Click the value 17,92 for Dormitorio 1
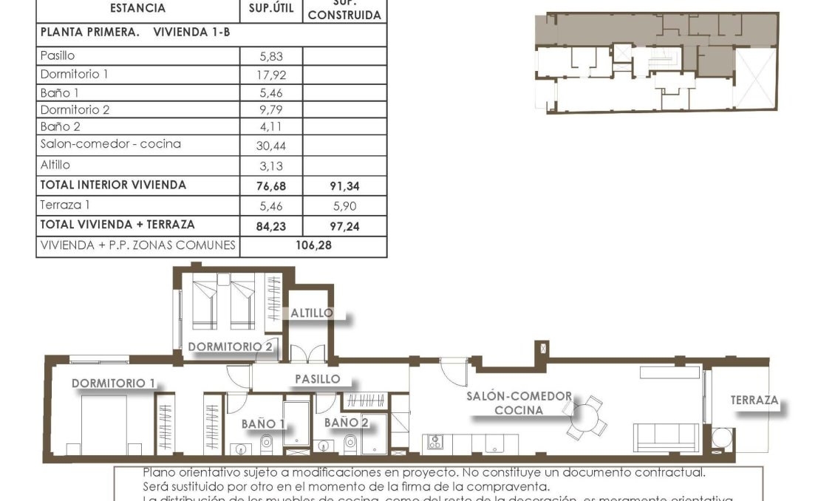pos(271,74)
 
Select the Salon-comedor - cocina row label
pos(111,144)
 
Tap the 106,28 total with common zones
pos(313,245)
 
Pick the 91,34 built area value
pos(344,185)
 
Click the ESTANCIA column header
pos(137,9)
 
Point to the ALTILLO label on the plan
pos(311,313)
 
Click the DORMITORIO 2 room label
pos(230,346)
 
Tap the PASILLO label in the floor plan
pos(318,379)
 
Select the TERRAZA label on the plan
pos(754,400)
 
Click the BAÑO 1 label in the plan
pos(263,423)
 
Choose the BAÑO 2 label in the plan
pos(346,422)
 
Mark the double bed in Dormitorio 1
pos(103,424)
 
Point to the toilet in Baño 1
pos(267,443)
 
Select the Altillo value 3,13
pos(271,166)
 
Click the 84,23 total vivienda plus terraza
pos(271,227)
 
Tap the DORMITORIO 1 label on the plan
pos(113,383)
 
